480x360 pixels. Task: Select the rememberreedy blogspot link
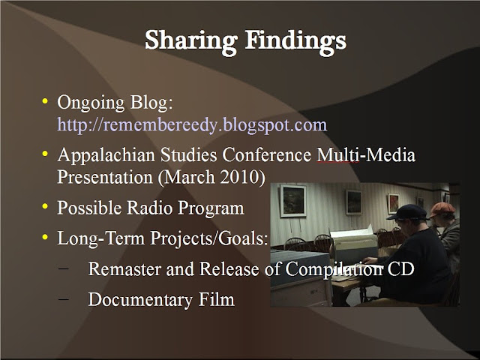192,125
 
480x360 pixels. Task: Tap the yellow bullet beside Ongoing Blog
45,101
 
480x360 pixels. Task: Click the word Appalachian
106,155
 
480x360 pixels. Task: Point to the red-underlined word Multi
337,155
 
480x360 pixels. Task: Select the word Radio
150,208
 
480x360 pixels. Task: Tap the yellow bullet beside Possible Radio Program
45,206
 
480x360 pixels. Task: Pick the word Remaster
124,268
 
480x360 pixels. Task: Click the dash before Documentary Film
63,299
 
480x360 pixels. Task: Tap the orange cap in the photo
442,210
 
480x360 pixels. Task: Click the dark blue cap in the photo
407,212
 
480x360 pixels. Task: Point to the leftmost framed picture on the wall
293,200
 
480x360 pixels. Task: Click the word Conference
267,155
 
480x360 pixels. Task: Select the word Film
217,299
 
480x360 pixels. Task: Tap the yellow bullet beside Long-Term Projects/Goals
45,237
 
